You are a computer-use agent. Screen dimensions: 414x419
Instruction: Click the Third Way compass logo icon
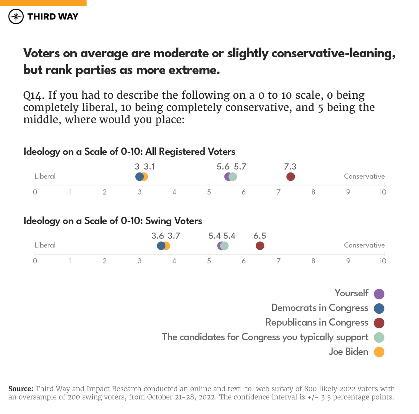tap(16, 16)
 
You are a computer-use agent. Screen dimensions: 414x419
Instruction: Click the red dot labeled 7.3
tap(290, 177)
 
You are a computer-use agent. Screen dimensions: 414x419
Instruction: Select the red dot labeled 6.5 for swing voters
tap(260, 246)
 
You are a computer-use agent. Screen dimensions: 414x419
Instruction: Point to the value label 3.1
tap(149, 167)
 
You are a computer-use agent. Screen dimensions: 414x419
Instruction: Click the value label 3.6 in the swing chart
tap(157, 236)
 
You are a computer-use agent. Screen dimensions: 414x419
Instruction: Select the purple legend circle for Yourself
tap(379, 294)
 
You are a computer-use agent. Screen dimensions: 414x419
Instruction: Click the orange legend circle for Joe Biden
tap(379, 352)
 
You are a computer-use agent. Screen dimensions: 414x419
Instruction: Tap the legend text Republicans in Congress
tap(317, 323)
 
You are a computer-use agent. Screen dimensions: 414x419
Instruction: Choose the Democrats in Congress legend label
tap(320, 308)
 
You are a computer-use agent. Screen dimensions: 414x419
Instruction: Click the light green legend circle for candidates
tap(379, 337)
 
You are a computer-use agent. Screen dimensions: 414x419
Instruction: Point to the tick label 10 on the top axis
tap(382, 192)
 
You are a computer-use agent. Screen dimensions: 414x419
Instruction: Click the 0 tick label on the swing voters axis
tap(35, 261)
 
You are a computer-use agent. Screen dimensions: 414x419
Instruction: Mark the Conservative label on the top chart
tap(364, 176)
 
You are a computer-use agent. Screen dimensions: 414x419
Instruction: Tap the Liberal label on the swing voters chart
tap(45, 245)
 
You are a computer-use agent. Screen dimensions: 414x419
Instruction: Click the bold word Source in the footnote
tap(21, 389)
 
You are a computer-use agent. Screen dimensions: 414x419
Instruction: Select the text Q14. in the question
tap(33, 96)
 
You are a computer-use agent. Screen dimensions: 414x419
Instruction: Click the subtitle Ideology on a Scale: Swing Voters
tap(113, 221)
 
